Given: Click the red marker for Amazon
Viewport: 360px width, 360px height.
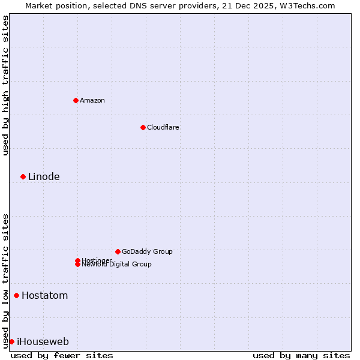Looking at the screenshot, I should click(x=76, y=100).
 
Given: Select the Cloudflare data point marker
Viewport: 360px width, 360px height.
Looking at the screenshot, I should click(x=143, y=127).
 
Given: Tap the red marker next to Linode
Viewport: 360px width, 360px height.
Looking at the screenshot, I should click(x=23, y=176).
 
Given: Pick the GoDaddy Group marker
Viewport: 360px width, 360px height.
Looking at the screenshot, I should click(x=118, y=251).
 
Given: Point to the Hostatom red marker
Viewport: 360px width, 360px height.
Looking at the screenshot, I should click(x=16, y=295).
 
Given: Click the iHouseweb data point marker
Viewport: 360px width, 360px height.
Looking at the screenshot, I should click(x=11, y=341).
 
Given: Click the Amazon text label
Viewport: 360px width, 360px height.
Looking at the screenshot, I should click(x=92, y=100).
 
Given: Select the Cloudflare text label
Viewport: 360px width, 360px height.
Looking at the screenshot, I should click(x=163, y=127).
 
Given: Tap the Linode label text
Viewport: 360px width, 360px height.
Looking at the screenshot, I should click(x=44, y=176).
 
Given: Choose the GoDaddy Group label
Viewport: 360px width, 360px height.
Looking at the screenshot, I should click(x=147, y=251).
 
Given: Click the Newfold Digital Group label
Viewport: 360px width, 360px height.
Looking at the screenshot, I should click(x=117, y=265).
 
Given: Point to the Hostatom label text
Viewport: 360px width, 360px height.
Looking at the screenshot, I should click(x=44, y=295).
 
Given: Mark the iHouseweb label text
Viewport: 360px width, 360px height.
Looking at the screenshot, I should click(x=43, y=341).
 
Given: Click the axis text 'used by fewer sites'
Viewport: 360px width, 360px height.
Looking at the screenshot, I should click(x=62, y=355).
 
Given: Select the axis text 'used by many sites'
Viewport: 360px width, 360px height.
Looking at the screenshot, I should click(x=301, y=355).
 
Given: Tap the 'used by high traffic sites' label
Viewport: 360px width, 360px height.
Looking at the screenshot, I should click(x=6, y=85).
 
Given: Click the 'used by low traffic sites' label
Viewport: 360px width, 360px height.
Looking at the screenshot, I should click(x=6, y=280).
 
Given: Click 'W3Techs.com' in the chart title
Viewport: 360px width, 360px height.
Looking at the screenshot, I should click(x=309, y=5).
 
